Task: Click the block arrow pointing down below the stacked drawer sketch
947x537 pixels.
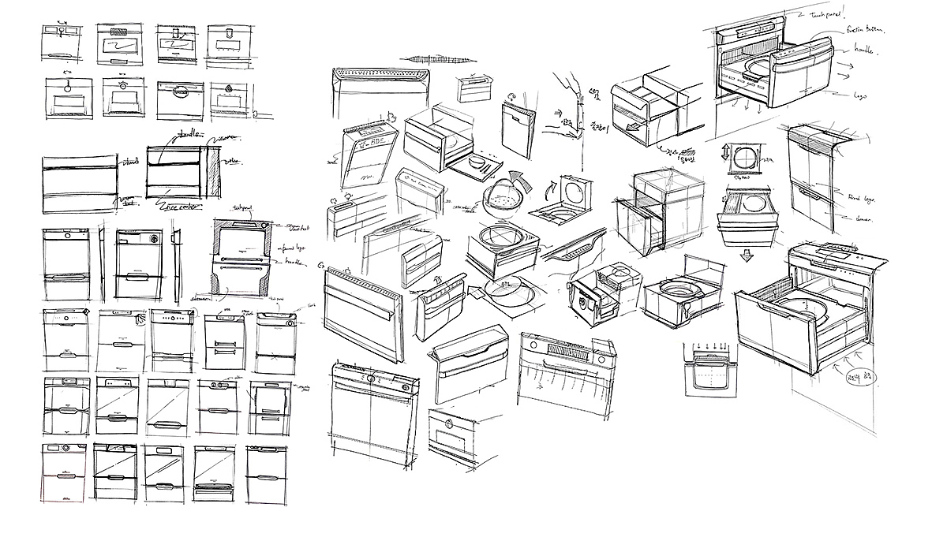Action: pos(747,255)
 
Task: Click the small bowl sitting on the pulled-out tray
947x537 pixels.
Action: pos(477,162)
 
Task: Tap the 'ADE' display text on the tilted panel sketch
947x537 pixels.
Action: pos(370,144)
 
